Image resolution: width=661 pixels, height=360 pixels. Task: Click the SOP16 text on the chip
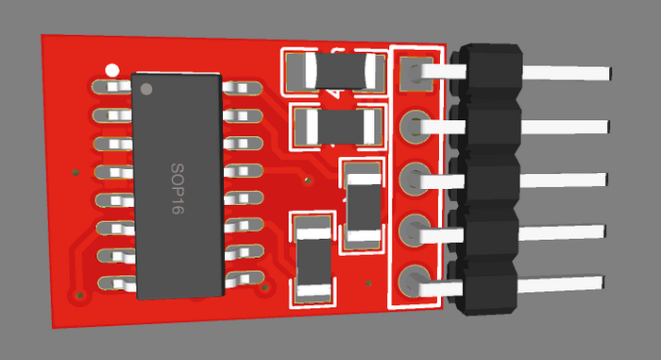pos(178,188)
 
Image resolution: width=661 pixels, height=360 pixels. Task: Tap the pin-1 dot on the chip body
pos(146,89)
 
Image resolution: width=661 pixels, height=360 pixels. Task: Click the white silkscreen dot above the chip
pos(112,70)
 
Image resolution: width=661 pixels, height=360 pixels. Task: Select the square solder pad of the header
pos(416,75)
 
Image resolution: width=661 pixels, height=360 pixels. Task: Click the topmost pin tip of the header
pos(609,74)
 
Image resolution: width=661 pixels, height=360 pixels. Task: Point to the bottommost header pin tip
pos(602,283)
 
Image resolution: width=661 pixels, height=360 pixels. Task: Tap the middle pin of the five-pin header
pos(514,180)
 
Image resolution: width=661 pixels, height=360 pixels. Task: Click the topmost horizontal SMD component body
pos(341,71)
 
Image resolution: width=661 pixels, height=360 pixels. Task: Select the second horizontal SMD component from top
pos(340,127)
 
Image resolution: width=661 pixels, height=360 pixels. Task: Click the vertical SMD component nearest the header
pos(364,207)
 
